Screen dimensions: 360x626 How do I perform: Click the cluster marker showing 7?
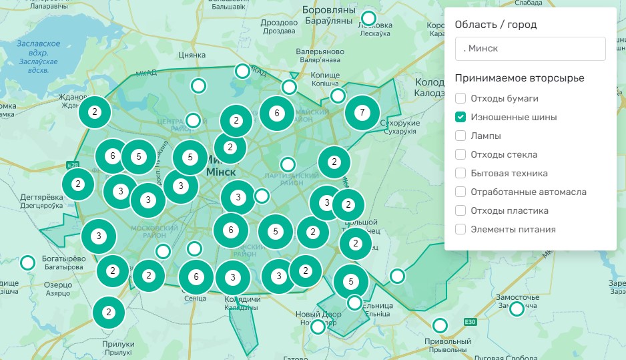point(362,112)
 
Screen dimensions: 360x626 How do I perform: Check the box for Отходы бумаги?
point(460,98)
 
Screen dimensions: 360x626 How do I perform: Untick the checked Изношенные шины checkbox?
point(460,117)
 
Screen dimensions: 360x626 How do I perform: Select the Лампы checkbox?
point(460,136)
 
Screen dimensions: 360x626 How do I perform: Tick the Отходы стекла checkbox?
point(460,154)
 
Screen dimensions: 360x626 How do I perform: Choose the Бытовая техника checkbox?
point(460,173)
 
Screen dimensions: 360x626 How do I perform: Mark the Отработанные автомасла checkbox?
point(460,192)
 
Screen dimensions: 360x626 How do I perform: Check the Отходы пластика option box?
point(460,210)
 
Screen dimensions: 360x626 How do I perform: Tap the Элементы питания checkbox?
point(460,229)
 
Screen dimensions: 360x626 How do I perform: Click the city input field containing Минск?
point(530,49)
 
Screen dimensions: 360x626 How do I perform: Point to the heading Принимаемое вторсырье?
point(519,78)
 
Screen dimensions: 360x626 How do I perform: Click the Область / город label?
point(496,25)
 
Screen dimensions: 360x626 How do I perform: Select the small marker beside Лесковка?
point(368,18)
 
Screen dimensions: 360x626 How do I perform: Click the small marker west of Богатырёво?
point(27,262)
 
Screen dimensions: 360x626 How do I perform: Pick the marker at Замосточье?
point(517,309)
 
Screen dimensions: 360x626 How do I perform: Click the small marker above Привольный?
point(440,326)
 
